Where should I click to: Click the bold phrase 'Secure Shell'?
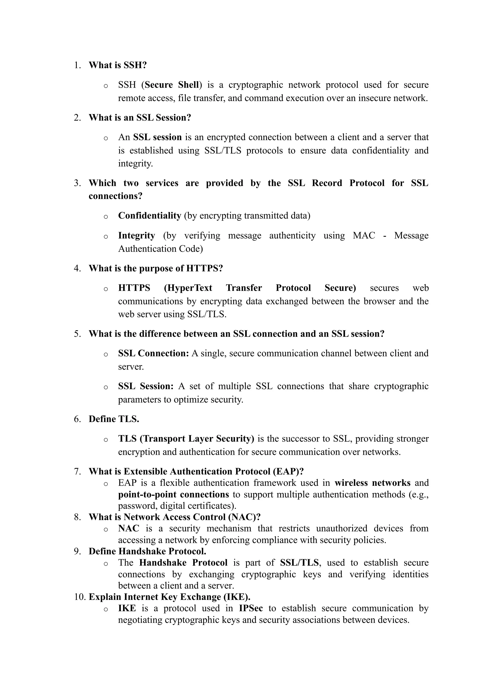click(x=172, y=85)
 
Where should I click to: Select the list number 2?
click(x=77, y=117)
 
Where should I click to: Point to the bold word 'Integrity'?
click(x=137, y=235)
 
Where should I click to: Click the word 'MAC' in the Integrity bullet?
click(x=364, y=235)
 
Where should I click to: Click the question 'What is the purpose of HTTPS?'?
click(x=156, y=268)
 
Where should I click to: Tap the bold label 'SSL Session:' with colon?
click(x=146, y=386)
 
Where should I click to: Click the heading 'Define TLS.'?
click(x=114, y=419)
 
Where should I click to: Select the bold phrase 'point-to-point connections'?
click(x=173, y=494)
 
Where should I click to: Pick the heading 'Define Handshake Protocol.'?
click(x=147, y=551)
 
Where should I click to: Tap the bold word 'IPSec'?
click(x=251, y=608)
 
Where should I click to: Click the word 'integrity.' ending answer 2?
click(x=135, y=163)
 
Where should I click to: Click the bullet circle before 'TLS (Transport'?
click(x=106, y=440)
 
